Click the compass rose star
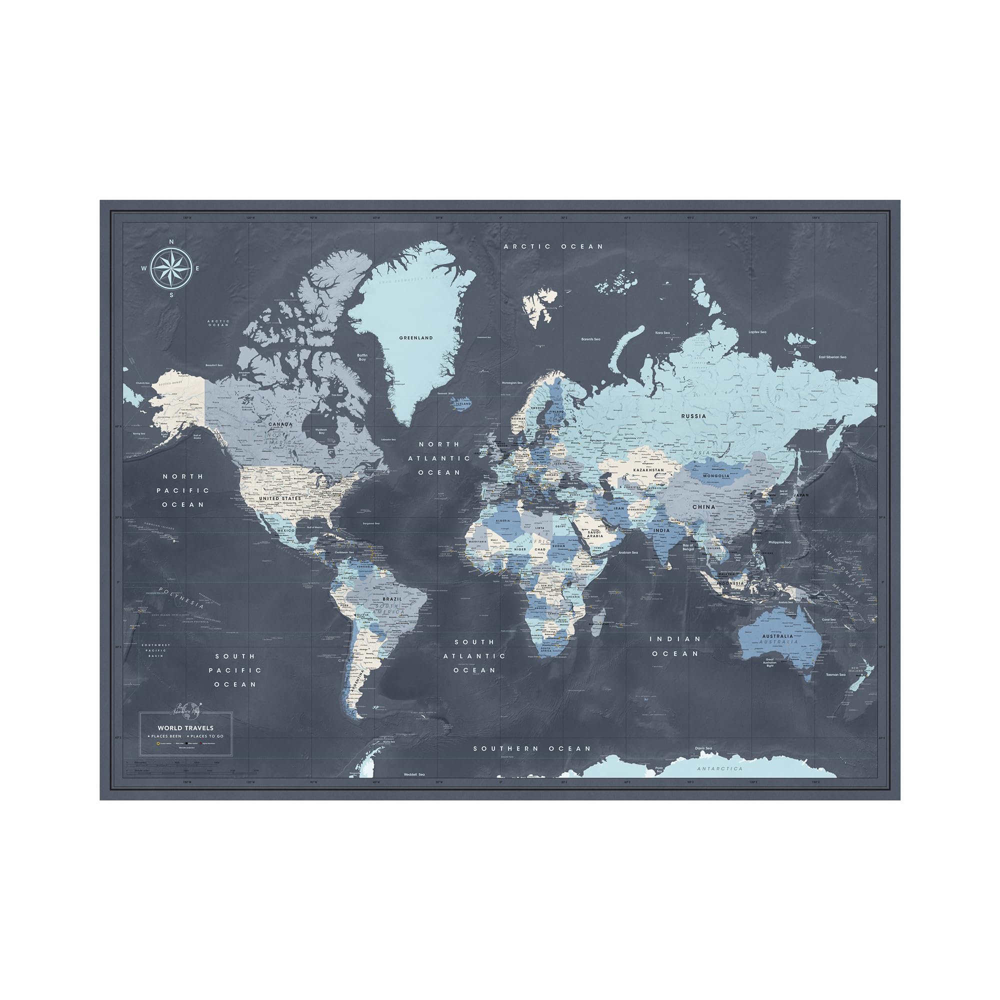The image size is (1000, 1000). pos(171,268)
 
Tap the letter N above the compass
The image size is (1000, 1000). pos(171,241)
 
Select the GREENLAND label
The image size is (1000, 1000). pos(415,338)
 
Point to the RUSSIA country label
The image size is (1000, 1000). pos(693,415)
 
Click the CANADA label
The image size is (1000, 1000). pos(280,424)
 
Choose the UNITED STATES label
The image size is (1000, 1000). pos(280,498)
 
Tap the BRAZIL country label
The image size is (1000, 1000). pos(392,599)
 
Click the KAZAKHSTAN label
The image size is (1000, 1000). pos(648,470)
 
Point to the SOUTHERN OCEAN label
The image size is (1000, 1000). pos(531,748)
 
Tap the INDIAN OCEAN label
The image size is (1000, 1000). pos(675,646)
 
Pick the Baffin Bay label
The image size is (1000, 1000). pos(362,357)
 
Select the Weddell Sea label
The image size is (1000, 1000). pos(414,774)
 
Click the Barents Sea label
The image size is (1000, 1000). pos(590,339)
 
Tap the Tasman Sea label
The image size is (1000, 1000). pos(835,674)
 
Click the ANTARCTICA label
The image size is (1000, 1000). pos(719,768)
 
